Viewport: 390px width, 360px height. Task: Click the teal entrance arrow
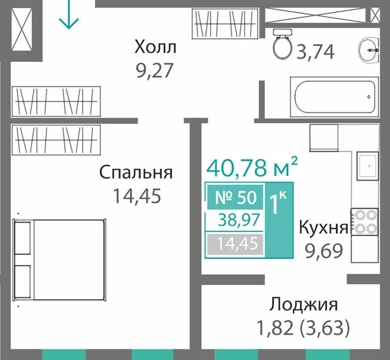pos(69,14)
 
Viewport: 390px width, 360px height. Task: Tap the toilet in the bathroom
pos(283,44)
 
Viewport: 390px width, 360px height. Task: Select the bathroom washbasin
pos(369,50)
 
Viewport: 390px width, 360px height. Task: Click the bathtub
pos(335,96)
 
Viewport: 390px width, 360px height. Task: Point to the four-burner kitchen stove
pos(365,222)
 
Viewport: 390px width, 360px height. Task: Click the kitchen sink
pos(368,166)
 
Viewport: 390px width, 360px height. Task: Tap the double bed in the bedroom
pos(60,260)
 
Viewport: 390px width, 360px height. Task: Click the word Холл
pos(155,47)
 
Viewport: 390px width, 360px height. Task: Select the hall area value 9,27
pos(154,71)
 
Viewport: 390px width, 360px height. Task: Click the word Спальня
pos(136,172)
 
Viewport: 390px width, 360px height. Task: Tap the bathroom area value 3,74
pos(316,52)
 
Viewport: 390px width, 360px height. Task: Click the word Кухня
pos(323,227)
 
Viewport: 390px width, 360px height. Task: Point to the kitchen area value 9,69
pos(324,251)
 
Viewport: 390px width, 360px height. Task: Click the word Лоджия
pos(304,304)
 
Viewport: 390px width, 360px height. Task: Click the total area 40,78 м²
pos(252,167)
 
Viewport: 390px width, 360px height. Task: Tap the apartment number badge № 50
pos(235,197)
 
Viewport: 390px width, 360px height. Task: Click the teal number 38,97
pos(239,220)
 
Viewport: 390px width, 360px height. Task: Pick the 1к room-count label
pos(278,203)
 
